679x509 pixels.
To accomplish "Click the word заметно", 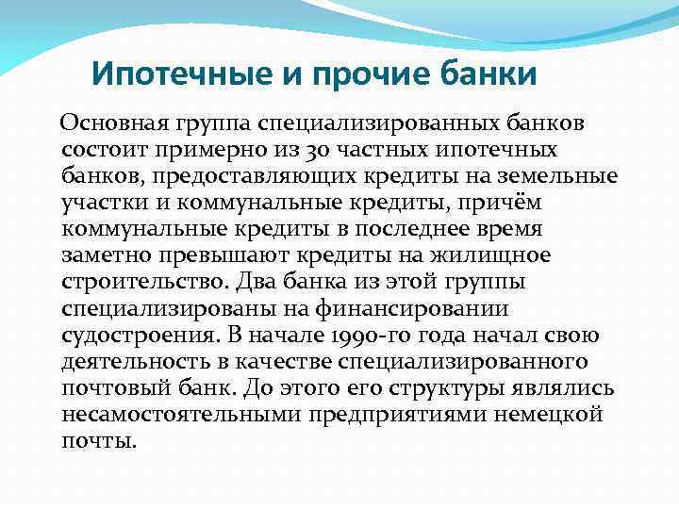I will point(107,254).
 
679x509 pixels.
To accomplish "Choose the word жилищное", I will point(496,254).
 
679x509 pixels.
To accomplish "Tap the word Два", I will point(256,282).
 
